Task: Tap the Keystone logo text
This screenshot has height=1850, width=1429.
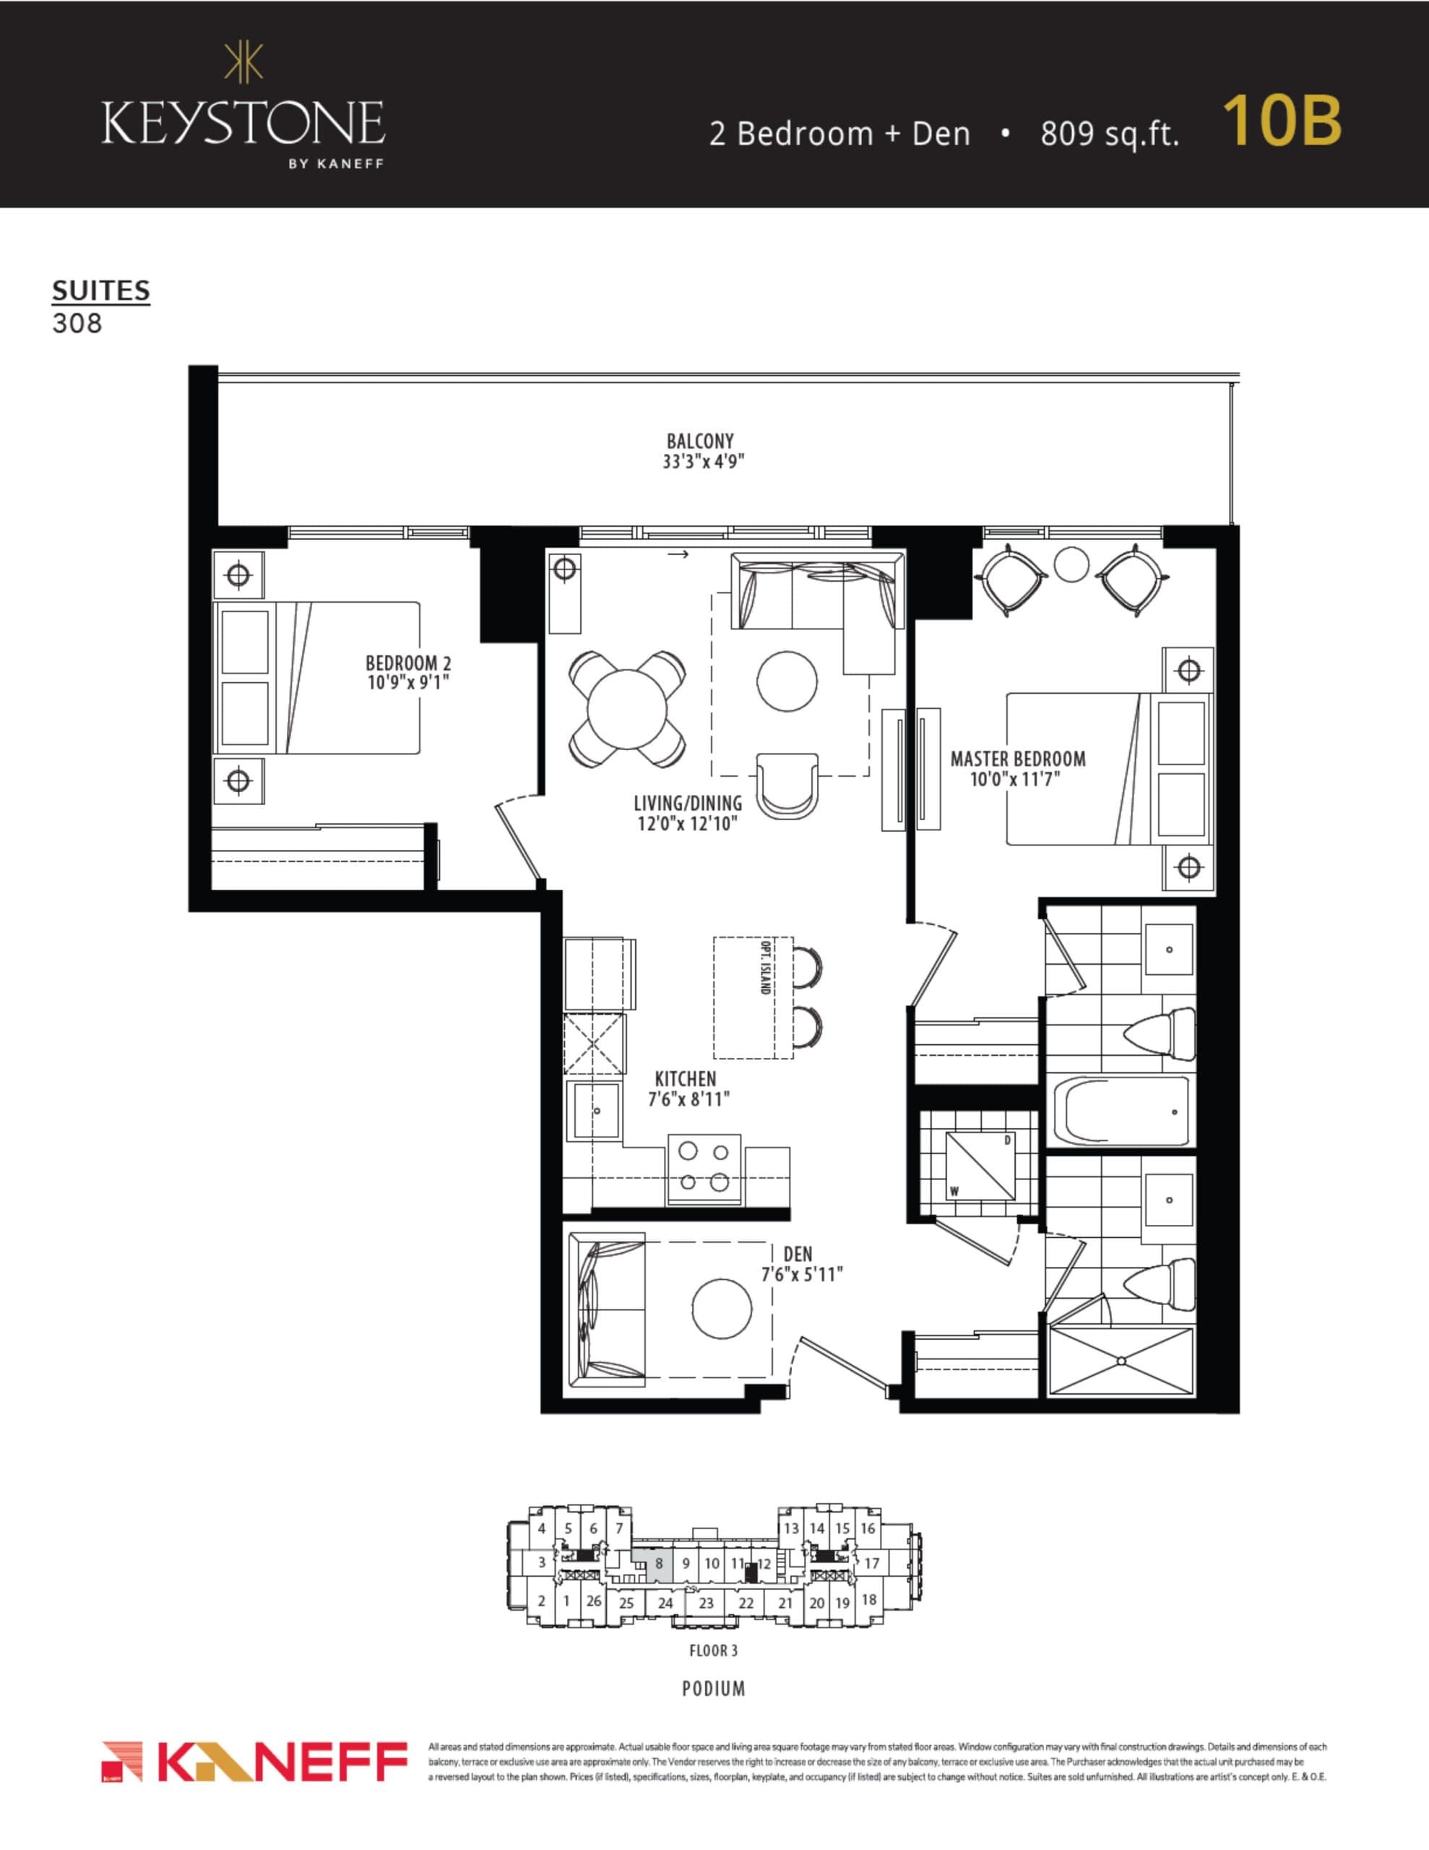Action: pyautogui.click(x=243, y=124)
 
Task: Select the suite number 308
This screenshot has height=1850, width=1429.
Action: pyautogui.click(x=77, y=324)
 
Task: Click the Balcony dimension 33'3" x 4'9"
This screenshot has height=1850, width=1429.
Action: pyautogui.click(x=703, y=462)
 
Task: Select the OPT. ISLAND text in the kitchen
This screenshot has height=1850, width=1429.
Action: pyautogui.click(x=765, y=966)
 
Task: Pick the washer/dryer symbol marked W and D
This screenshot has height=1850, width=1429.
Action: pyautogui.click(x=979, y=1166)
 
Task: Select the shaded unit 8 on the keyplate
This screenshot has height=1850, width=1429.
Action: pyautogui.click(x=659, y=1564)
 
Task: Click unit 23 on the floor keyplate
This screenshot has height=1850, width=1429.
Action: pyautogui.click(x=706, y=1603)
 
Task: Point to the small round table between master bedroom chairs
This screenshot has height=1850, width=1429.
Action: pyautogui.click(x=1071, y=564)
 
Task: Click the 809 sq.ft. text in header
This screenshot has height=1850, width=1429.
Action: pyautogui.click(x=1110, y=134)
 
